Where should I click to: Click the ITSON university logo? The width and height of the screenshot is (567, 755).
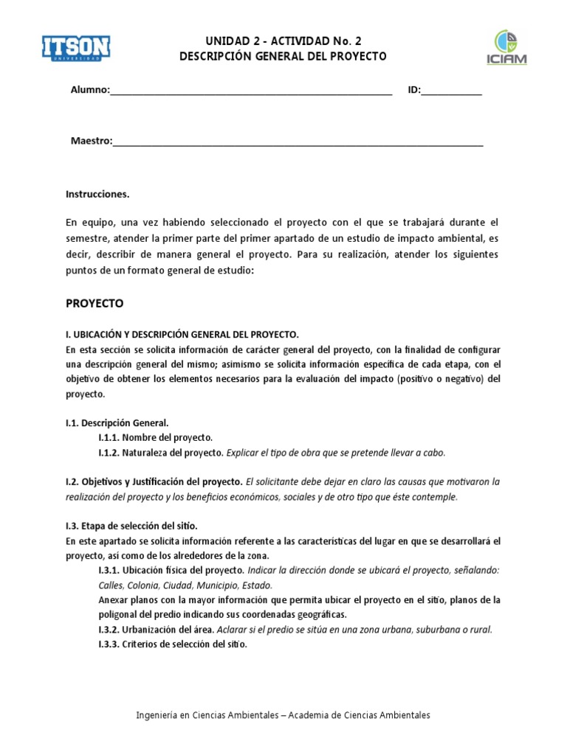(x=75, y=49)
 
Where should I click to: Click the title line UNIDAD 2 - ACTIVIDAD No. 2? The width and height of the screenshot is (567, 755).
(x=283, y=41)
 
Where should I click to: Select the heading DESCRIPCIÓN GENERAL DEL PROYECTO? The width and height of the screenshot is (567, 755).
(x=283, y=57)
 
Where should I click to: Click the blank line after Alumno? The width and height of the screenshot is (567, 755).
(x=251, y=91)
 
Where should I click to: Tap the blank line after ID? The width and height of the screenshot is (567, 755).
(x=452, y=91)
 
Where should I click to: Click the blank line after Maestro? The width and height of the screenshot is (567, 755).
(x=298, y=142)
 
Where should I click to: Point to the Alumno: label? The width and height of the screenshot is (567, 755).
(x=89, y=91)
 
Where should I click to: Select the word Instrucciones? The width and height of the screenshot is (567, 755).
(x=97, y=195)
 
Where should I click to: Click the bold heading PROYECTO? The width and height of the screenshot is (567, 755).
(x=94, y=303)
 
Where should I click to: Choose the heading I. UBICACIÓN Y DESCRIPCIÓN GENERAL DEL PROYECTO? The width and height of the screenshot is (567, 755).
(x=182, y=334)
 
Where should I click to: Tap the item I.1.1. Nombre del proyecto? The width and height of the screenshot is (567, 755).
(x=155, y=437)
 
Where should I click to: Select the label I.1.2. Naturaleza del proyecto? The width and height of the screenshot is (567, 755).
(x=160, y=452)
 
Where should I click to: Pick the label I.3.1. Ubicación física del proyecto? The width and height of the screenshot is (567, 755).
(x=171, y=571)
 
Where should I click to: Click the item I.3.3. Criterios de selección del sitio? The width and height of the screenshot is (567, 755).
(x=172, y=644)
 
